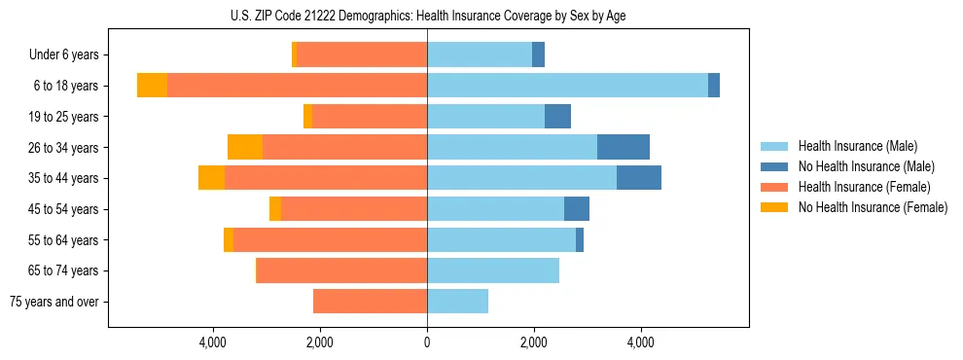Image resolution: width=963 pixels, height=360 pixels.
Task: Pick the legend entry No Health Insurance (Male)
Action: [866, 166]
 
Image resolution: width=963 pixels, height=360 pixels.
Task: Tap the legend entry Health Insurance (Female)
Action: [864, 187]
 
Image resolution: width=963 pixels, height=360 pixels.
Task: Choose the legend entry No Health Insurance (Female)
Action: [873, 207]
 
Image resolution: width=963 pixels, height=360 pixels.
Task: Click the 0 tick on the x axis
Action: [427, 342]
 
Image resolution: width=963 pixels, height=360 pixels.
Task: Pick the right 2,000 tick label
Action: [533, 342]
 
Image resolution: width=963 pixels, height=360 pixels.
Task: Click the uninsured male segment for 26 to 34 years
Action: [624, 147]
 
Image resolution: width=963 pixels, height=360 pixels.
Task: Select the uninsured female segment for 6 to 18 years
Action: [152, 86]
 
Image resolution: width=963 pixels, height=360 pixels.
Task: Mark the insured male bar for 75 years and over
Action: [457, 302]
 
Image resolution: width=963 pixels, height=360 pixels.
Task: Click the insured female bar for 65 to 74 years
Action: [341, 270]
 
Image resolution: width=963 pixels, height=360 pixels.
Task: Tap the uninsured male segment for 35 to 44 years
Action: [639, 178]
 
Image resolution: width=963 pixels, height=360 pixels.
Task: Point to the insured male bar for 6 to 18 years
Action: [567, 86]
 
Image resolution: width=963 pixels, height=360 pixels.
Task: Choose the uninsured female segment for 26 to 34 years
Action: [245, 147]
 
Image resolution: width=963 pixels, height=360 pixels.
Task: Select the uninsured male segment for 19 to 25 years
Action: [557, 117]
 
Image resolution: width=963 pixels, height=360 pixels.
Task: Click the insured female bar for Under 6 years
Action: [362, 55]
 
